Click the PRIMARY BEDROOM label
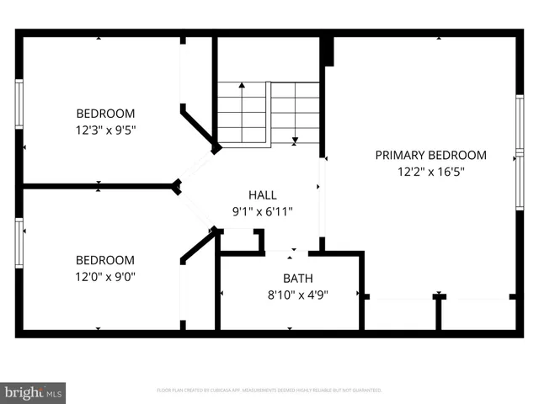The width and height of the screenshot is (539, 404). click(x=430, y=155)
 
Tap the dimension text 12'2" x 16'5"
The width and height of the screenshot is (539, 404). click(x=430, y=171)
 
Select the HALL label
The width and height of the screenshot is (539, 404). click(x=262, y=195)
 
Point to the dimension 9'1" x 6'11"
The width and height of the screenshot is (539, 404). click(x=262, y=211)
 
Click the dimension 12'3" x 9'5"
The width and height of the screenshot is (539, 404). click(x=105, y=130)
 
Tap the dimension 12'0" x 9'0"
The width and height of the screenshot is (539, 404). click(x=105, y=276)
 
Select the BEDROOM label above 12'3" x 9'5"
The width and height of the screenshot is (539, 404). click(x=105, y=114)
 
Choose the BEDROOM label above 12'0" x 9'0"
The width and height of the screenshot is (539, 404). click(x=105, y=260)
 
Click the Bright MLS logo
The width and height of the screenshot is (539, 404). click(x=33, y=392)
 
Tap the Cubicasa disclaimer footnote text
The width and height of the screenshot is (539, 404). click(x=269, y=391)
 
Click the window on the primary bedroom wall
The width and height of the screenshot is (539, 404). click(x=520, y=156)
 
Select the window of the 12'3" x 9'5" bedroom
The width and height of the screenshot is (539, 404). click(x=19, y=104)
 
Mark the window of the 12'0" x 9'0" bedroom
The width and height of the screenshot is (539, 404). click(x=19, y=242)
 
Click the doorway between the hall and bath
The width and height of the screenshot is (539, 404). click(x=292, y=251)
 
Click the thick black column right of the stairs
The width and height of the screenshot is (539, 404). click(x=328, y=50)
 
